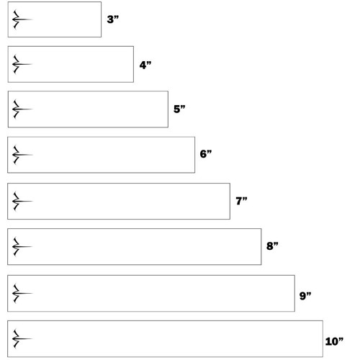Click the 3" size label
[113, 19]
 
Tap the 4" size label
[145, 65]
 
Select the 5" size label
[179, 109]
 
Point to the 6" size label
[206, 154]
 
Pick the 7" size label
[241, 201]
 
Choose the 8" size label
[272, 246]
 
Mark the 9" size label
[305, 296]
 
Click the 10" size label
[334, 341]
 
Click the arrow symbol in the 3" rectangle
[22, 19]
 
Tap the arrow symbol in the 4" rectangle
[22, 64]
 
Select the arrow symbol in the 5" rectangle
[22, 109]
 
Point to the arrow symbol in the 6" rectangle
[22, 155]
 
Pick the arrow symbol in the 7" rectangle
[22, 201]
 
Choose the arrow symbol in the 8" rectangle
[22, 246]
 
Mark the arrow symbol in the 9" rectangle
[22, 293]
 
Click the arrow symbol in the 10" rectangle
[22, 338]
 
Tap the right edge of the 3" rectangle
[101, 19]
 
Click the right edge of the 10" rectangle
[323, 338]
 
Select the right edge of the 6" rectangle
[194, 155]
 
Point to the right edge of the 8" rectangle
[261, 247]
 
